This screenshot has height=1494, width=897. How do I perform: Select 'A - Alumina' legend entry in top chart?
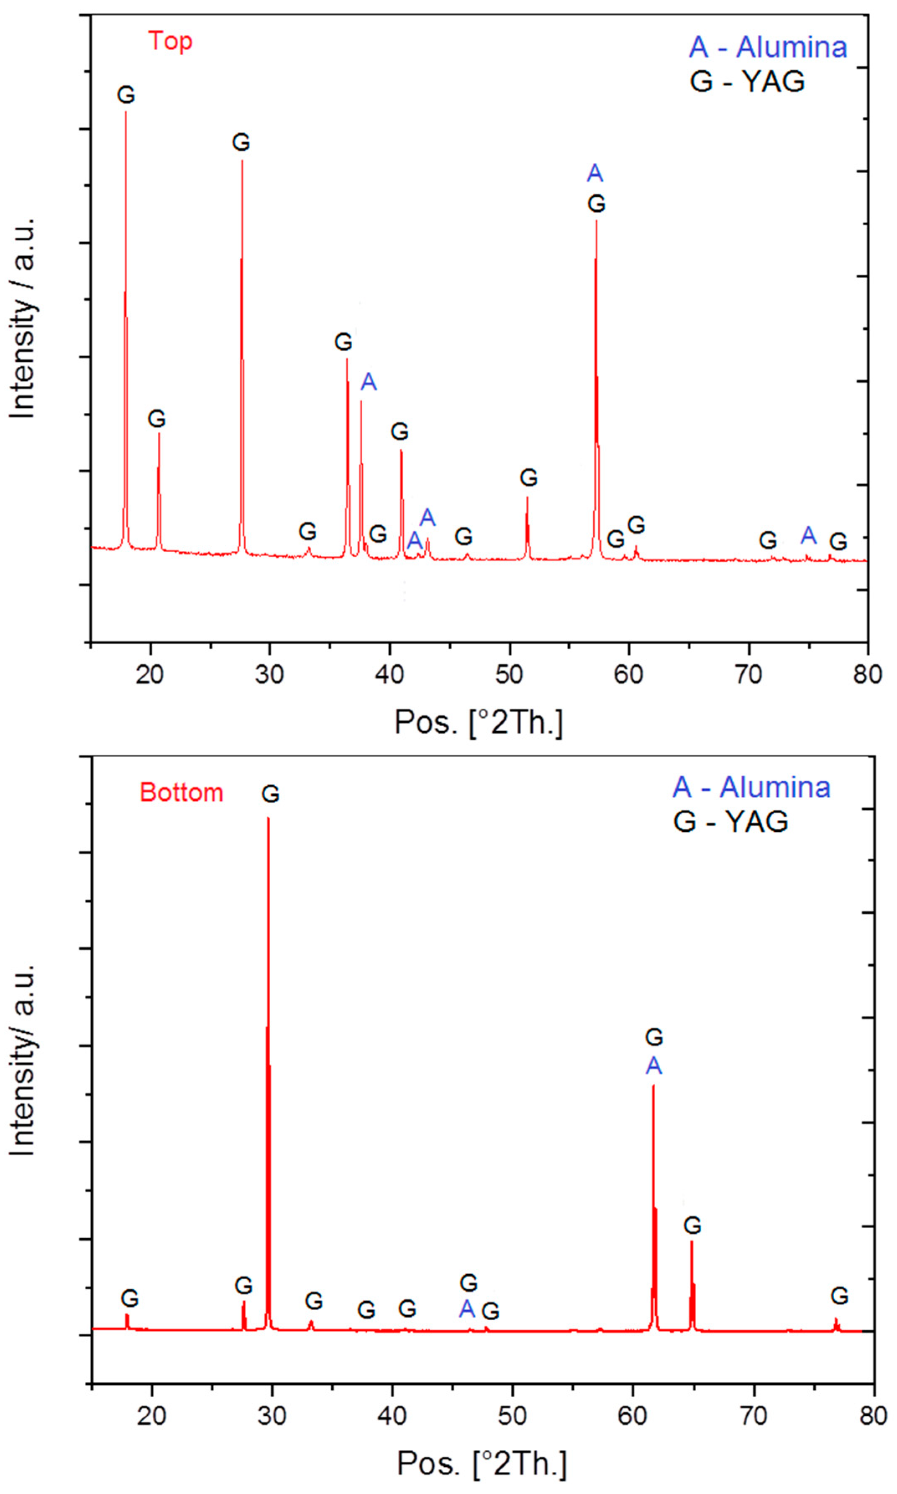click(x=768, y=47)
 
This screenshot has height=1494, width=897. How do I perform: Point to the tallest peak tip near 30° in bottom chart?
click(x=268, y=818)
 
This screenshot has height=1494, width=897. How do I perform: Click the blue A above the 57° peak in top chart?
click(x=595, y=174)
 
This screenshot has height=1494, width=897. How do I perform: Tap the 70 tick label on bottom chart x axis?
click(x=753, y=1416)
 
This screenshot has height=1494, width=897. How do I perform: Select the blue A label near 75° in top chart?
click(x=808, y=535)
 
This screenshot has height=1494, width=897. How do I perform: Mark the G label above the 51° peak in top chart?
click(x=528, y=478)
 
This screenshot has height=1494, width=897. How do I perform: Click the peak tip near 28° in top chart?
click(x=242, y=161)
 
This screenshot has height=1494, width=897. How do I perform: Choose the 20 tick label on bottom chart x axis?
click(x=151, y=1416)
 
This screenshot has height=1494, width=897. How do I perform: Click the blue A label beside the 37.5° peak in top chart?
click(x=369, y=382)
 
